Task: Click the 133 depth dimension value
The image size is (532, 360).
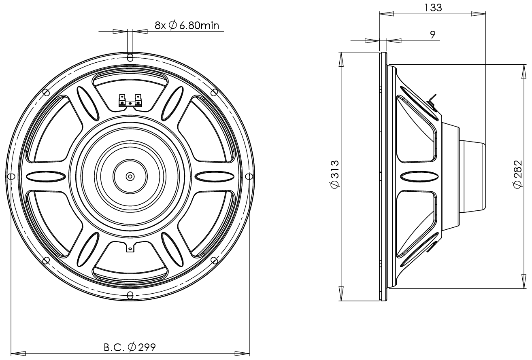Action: (433, 7)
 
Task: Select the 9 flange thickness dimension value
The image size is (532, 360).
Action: (432, 35)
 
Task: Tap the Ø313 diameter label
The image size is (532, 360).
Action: (334, 174)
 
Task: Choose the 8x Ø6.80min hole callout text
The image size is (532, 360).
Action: (187, 25)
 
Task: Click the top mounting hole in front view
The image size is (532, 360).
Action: (130, 57)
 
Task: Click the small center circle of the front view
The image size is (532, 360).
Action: (130, 176)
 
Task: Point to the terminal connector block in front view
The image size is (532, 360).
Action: (130, 101)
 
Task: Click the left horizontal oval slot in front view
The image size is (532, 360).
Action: (45, 176)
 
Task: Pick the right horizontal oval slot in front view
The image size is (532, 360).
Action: (215, 176)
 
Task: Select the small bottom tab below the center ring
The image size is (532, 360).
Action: (130, 246)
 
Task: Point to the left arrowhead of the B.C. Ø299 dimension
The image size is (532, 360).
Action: (18, 352)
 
